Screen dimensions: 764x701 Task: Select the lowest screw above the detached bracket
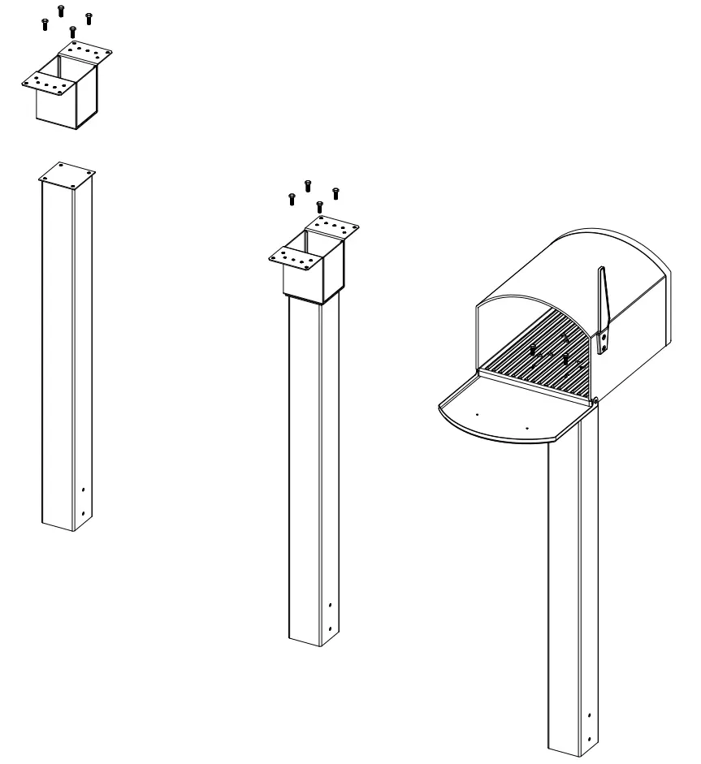pos(73,32)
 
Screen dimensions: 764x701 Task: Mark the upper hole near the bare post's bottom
pos(84,490)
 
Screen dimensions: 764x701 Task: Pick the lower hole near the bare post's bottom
pos(84,513)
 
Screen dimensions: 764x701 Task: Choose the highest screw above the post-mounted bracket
pos(308,186)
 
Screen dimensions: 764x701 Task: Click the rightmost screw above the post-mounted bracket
pos(335,192)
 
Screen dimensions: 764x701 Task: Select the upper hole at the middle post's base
pos(329,605)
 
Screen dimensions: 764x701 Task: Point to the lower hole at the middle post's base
pos(329,628)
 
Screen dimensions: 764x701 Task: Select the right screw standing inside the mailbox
pos(565,357)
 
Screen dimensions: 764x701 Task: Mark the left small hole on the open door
pos(478,414)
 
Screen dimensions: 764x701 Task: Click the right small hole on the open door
pos(527,425)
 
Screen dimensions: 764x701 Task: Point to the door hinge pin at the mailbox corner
pos(595,399)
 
